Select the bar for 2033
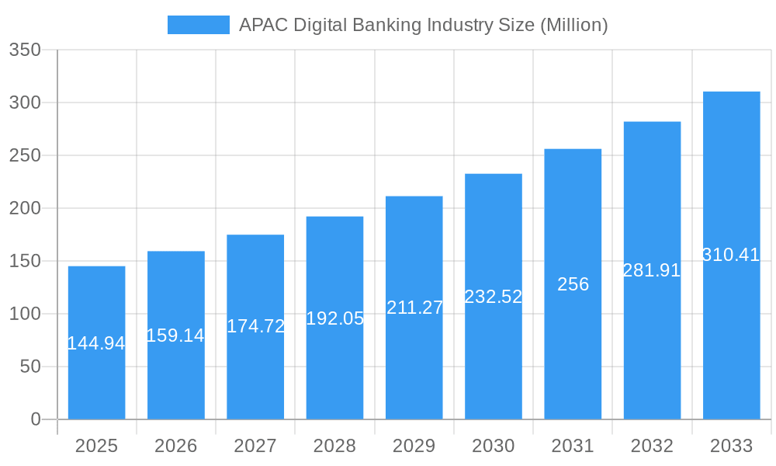point(731,326)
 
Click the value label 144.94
point(96,343)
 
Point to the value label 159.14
point(175,336)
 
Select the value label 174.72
point(255,326)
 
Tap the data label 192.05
point(334,318)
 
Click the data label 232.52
point(493,297)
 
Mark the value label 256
point(573,284)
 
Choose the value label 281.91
point(652,270)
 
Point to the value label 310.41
point(731,255)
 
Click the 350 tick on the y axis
point(25,50)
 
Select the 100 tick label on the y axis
point(25,314)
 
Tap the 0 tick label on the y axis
point(36,419)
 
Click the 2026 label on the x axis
point(175,446)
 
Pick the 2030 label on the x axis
point(493,446)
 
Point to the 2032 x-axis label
point(652,446)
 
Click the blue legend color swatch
point(199,25)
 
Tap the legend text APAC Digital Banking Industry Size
point(423,25)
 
